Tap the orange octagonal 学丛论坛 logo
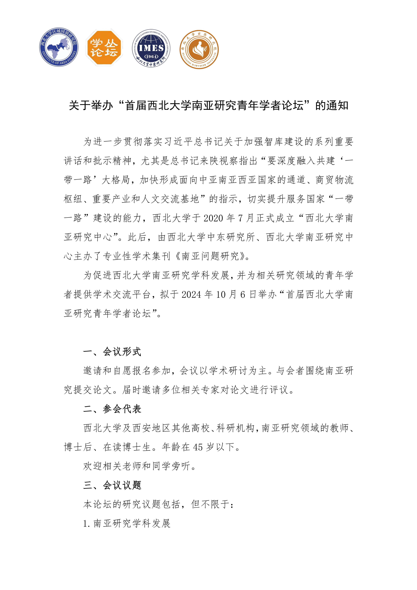point(104,48)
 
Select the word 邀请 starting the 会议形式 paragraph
point(93,371)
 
